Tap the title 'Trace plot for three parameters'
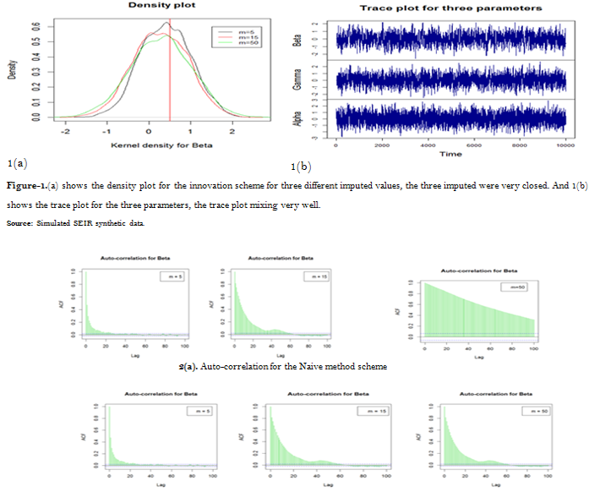pyautogui.click(x=450, y=8)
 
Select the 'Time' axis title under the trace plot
pyautogui.click(x=450, y=154)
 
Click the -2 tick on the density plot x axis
pyautogui.click(x=65, y=132)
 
